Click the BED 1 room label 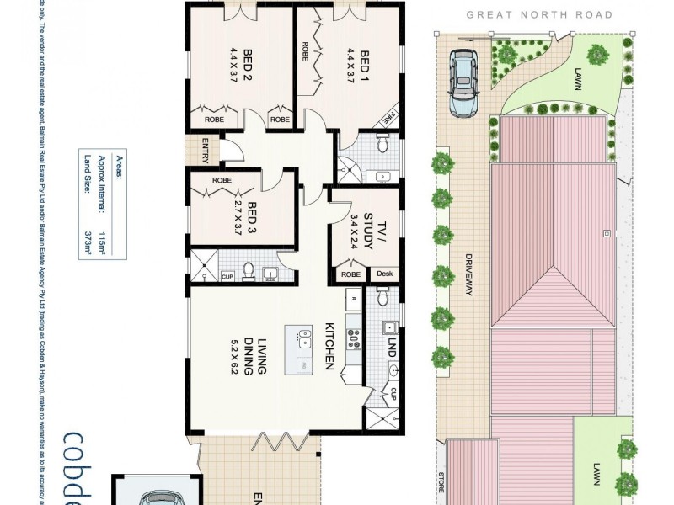pos(365,63)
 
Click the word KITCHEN pos(331,345)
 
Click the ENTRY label pos(202,153)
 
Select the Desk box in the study pos(384,274)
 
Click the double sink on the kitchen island pos(304,339)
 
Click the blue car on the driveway pos(462,82)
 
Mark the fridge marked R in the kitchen pos(354,297)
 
